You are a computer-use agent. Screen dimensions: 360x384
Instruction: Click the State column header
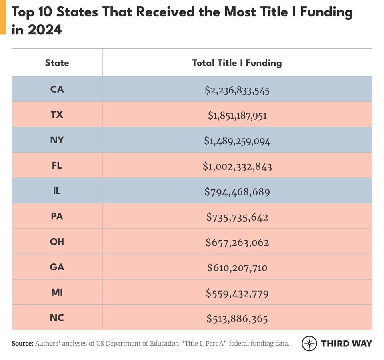57,63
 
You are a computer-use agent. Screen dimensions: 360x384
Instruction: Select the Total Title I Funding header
237,63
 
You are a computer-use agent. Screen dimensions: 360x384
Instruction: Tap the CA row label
57,89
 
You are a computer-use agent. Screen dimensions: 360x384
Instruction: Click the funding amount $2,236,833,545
237,91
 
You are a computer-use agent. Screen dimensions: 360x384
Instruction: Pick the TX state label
57,115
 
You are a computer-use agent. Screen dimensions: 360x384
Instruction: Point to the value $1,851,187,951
237,116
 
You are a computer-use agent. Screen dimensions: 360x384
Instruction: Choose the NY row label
57,140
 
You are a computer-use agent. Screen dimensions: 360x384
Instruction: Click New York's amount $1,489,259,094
237,141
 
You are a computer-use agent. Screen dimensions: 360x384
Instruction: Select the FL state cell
57,165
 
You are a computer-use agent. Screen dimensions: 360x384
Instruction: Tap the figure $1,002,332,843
237,167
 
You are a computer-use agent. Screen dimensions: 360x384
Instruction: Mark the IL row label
57,191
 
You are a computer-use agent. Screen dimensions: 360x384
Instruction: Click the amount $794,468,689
237,192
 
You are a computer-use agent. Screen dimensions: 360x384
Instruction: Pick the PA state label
57,216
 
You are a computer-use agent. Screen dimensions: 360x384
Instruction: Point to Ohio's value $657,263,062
237,243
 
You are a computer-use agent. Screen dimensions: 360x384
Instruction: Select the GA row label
57,267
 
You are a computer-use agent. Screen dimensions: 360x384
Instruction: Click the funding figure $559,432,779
237,294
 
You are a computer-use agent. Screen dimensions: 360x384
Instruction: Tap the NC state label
57,318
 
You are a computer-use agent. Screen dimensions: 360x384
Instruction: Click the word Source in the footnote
22,343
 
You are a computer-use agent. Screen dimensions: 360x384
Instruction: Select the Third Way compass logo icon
309,343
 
